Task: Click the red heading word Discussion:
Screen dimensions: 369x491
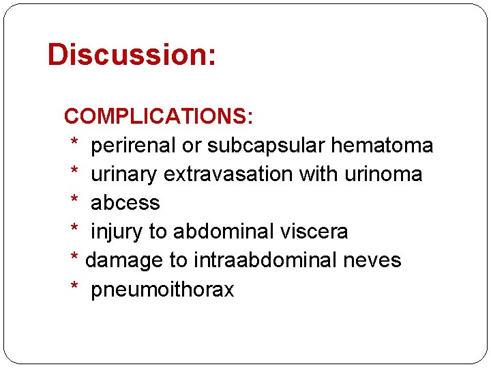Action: click(132, 55)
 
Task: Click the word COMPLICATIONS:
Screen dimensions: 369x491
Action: click(159, 117)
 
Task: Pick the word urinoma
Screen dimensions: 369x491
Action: click(383, 174)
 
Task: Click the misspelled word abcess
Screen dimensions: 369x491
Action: click(125, 203)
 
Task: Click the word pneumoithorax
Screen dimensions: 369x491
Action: click(162, 290)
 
